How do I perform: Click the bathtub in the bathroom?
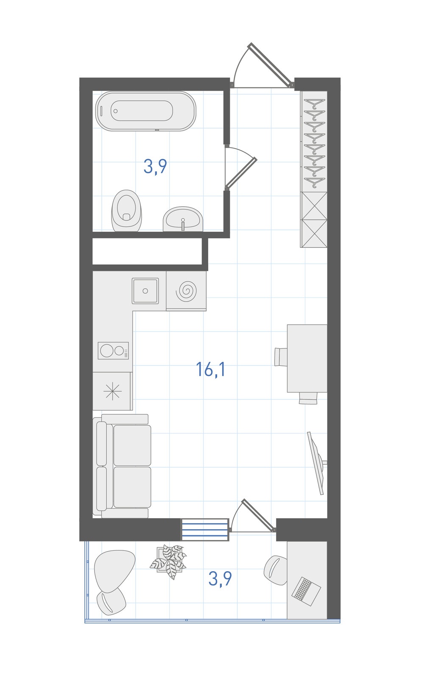pos(146,111)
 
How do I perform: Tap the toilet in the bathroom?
pos(126,210)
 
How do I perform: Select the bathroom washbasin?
pos(183,219)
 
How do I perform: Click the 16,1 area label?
pos(210,369)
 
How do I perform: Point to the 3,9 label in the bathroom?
pos(155,166)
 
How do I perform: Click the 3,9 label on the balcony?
pos(220,578)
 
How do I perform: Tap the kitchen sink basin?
pos(145,291)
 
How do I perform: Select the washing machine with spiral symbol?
pos(186,291)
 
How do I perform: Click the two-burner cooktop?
pos(113,351)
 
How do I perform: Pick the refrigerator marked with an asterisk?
pos(112,391)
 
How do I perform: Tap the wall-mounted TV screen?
pos(316,463)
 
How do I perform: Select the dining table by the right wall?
pos(307,358)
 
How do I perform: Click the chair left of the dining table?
pos(281,357)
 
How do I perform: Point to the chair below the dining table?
pos(308,398)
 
